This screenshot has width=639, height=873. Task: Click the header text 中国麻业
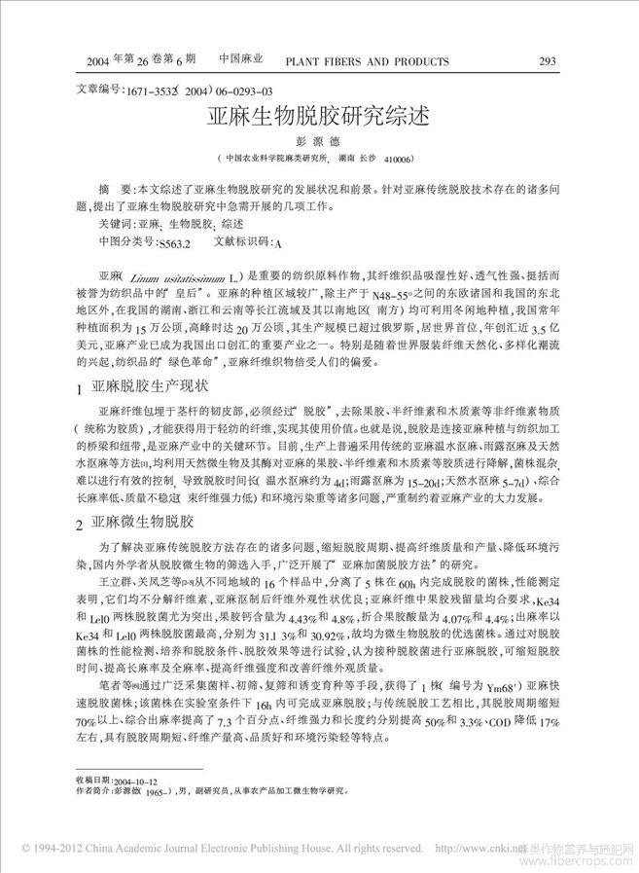243,60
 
